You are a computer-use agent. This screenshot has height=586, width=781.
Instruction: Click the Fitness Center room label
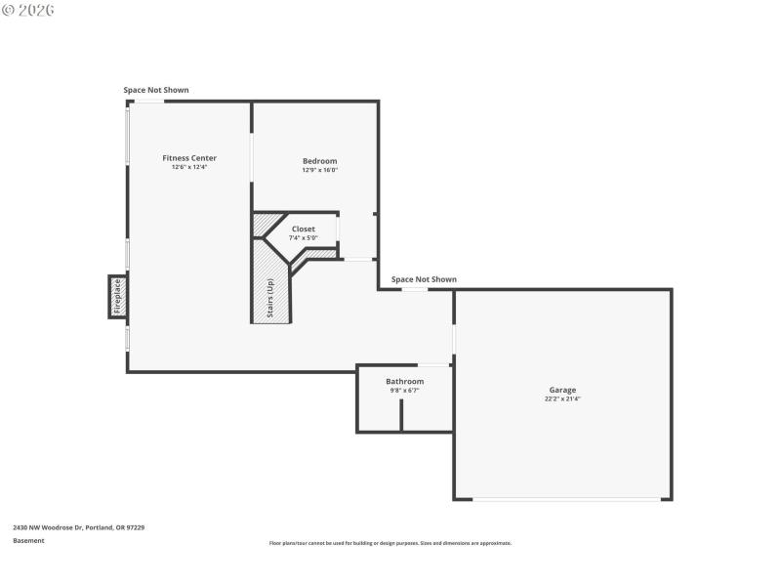189,158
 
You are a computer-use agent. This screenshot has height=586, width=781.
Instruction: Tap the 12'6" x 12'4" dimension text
189,167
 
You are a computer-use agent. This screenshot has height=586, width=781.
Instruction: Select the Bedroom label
319,161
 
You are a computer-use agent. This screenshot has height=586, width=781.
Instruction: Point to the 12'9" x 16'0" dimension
319,170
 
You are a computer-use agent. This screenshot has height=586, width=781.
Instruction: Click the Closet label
303,229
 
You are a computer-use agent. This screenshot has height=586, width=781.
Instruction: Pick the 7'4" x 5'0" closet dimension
303,237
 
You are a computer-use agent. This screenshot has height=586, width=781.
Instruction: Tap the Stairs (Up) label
270,300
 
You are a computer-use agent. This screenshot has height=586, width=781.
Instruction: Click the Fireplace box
117,297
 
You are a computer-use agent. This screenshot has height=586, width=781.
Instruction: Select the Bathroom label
404,381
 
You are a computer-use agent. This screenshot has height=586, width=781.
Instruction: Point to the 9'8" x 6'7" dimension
404,390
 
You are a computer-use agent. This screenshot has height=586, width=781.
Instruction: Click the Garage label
562,390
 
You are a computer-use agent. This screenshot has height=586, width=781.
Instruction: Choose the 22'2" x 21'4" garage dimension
562,398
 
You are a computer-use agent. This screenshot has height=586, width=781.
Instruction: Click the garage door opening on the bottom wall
566,499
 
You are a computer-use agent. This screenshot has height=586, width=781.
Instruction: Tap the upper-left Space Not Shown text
156,90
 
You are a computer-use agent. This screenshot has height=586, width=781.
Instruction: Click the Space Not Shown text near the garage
424,279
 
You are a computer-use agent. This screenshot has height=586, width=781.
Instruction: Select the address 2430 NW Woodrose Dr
78,527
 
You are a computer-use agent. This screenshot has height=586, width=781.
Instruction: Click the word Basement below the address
28,540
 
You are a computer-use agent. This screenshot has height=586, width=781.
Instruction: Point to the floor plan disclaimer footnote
390,543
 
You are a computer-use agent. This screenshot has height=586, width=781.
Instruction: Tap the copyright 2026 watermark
28,10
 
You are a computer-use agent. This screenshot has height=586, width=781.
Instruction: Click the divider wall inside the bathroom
401,415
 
